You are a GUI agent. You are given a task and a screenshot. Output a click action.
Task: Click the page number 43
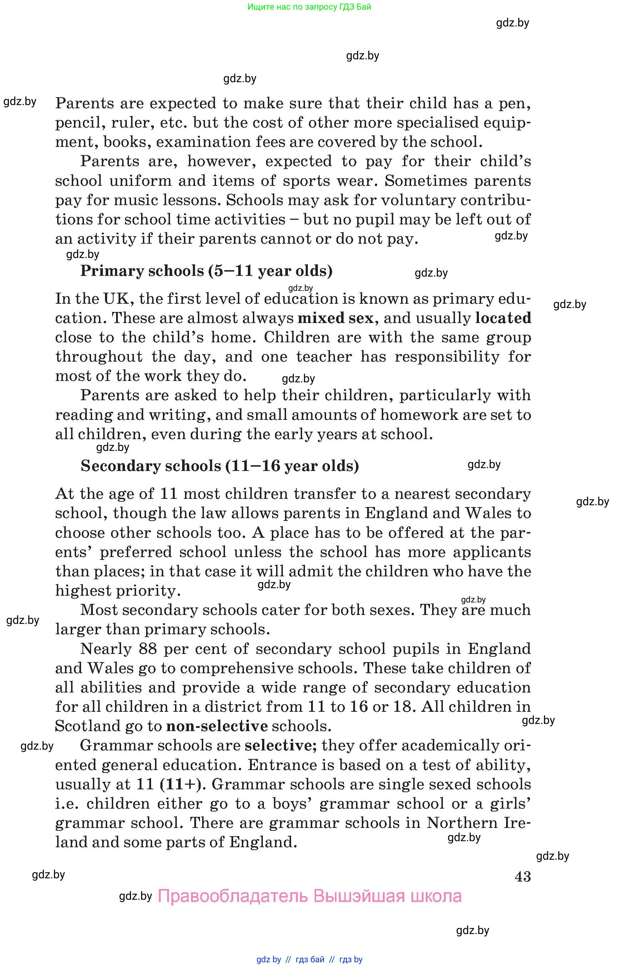[522, 877]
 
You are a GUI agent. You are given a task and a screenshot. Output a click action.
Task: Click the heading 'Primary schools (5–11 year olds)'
[206, 271]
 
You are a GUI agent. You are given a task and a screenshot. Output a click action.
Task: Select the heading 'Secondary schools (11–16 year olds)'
[219, 466]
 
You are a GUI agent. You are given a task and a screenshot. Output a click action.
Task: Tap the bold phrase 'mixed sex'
[335, 318]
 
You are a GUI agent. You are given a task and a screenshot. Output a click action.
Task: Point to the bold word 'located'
[503, 318]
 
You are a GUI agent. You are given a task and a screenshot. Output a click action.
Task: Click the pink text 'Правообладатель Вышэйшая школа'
[309, 896]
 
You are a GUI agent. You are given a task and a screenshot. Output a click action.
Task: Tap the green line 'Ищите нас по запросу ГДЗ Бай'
[309, 7]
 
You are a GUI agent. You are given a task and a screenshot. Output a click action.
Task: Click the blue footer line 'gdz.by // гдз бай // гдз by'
[309, 959]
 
